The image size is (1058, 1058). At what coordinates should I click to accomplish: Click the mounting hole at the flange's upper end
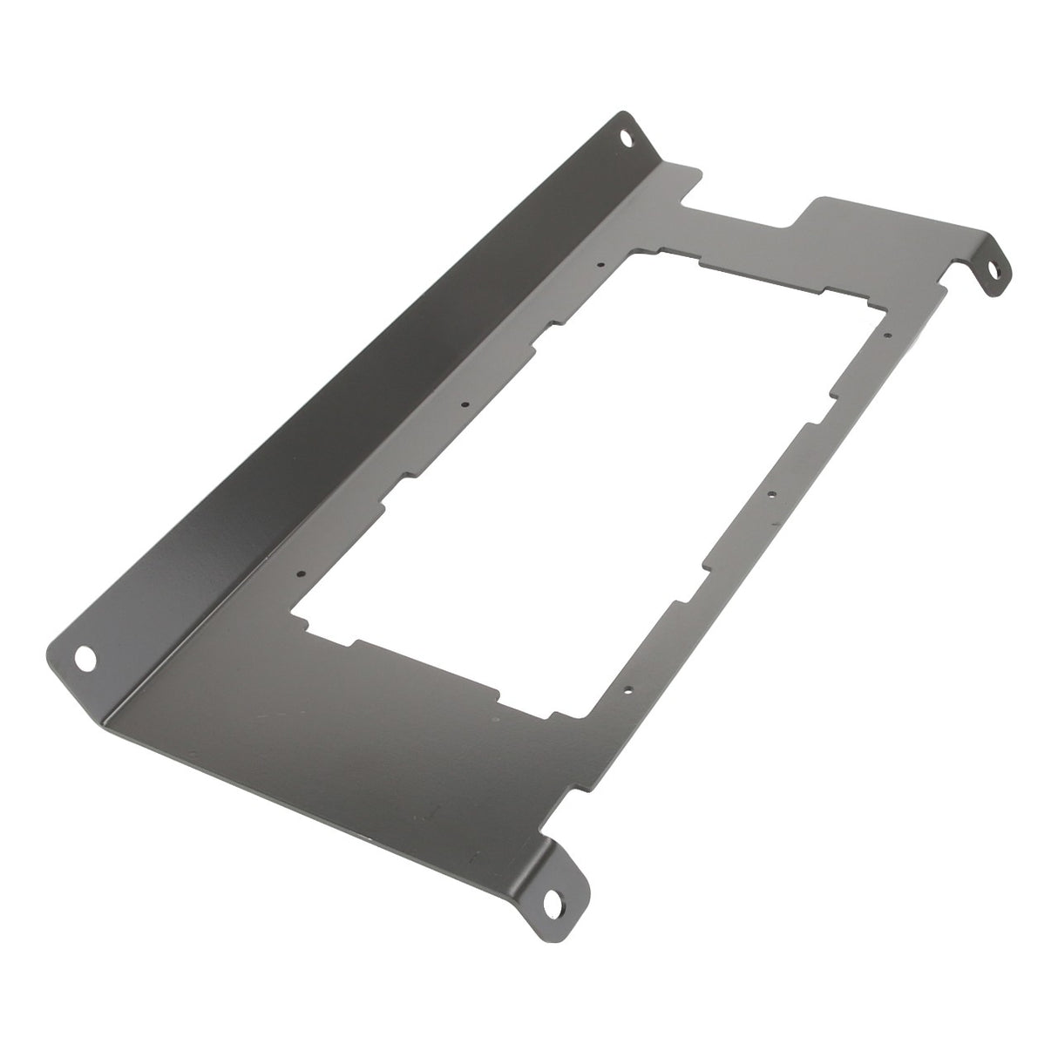coord(626,137)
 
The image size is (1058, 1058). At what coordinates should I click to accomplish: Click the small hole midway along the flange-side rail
coord(465,404)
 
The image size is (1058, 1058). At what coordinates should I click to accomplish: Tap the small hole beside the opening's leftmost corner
coord(301,573)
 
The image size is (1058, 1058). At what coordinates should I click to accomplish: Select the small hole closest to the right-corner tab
coord(887,334)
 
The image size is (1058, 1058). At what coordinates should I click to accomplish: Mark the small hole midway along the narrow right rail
coord(771,494)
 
